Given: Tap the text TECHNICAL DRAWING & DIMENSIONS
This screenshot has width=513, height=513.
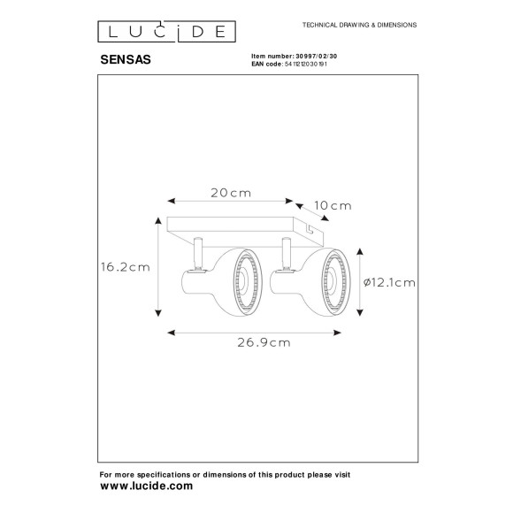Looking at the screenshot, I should pyautogui.click(x=360, y=26).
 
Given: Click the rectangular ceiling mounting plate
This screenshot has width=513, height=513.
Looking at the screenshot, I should pyautogui.click(x=243, y=226).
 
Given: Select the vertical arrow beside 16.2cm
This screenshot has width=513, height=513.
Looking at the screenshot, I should pyautogui.click(x=158, y=266).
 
